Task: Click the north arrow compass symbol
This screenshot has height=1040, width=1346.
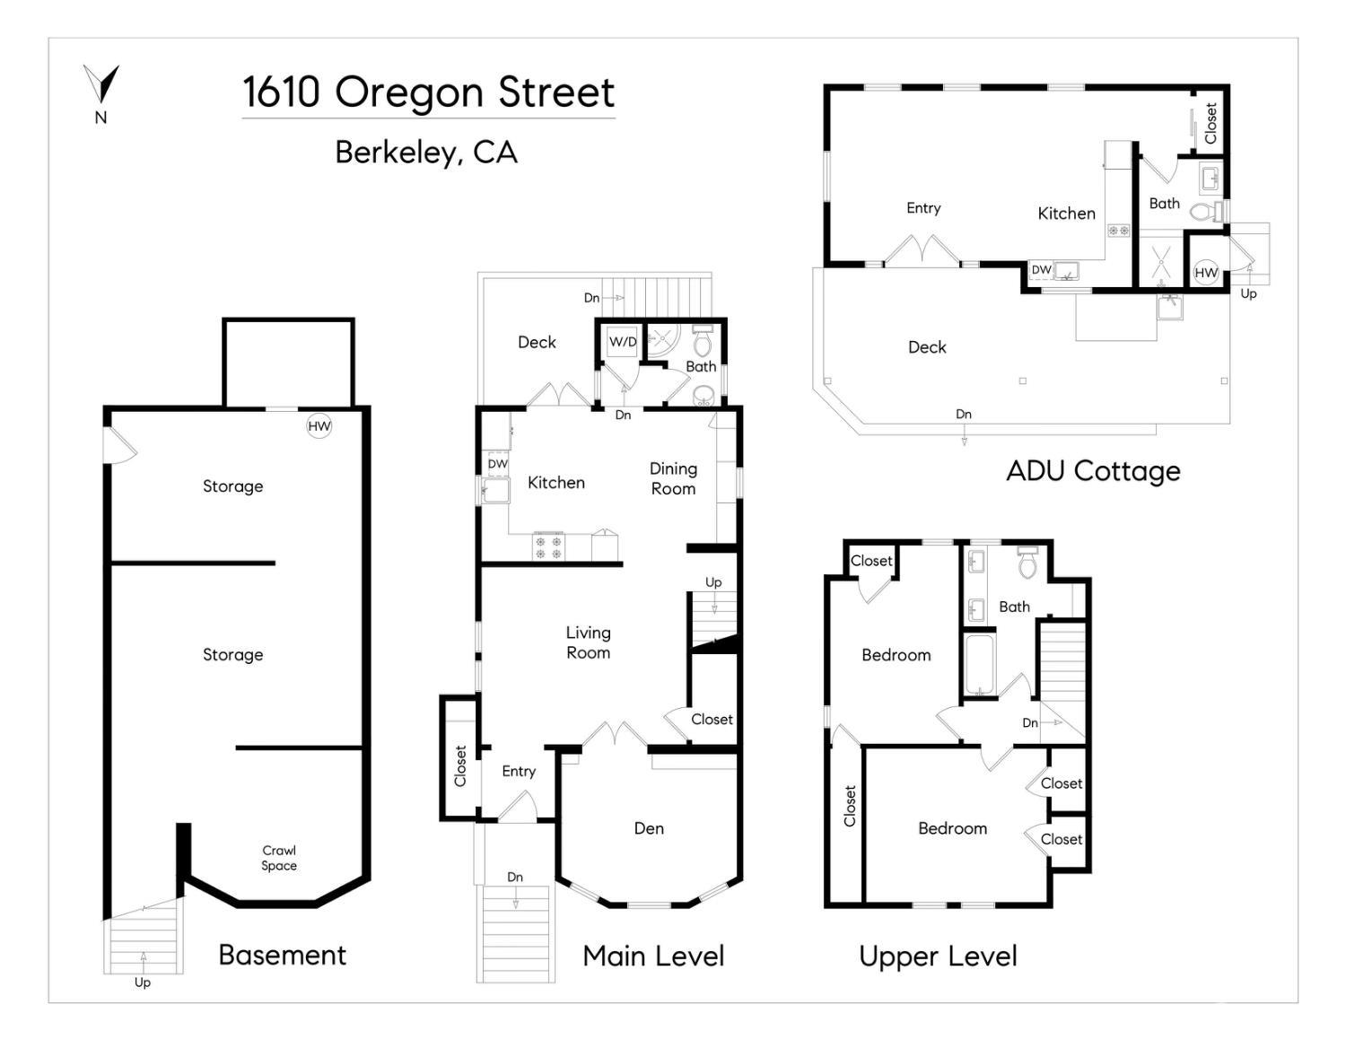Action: point(101,86)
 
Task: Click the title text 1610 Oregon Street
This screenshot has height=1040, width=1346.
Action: point(428,92)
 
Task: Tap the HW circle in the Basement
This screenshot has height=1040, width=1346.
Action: point(319,426)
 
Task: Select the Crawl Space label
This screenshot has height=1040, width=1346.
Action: point(279,858)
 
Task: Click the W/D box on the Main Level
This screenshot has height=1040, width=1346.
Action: point(622,342)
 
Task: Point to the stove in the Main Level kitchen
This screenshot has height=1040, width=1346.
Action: point(548,546)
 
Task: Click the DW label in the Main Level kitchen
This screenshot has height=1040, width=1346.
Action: point(497,464)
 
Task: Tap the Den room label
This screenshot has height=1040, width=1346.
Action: point(649,828)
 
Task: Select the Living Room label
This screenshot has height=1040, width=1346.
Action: point(588,642)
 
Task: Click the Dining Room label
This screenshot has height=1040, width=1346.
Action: point(673,478)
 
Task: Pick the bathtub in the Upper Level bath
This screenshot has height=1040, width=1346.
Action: point(978,665)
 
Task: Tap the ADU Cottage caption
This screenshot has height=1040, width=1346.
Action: point(1093,471)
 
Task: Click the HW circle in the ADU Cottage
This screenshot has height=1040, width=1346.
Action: point(1206,273)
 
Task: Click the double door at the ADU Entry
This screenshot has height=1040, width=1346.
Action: point(922,251)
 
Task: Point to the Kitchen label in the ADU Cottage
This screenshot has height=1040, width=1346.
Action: point(1066,214)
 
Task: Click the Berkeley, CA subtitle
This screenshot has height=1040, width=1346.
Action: point(426,153)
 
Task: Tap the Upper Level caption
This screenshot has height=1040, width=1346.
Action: point(938,957)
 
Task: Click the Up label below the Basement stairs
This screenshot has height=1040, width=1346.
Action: point(143,983)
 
